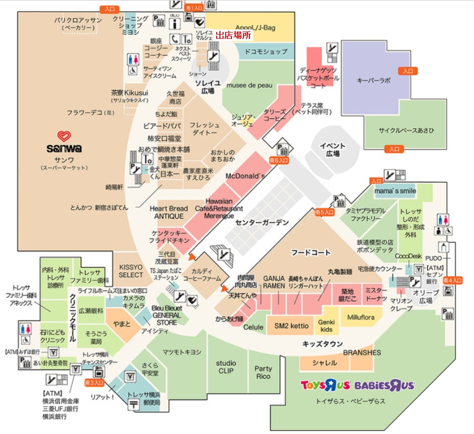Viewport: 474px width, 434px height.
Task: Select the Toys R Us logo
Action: (325, 385)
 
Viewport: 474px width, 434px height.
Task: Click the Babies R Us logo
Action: (384, 385)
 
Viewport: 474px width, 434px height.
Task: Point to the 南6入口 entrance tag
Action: (279, 160)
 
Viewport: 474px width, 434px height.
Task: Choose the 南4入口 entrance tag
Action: (452, 281)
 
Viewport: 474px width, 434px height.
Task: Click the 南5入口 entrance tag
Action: (324, 212)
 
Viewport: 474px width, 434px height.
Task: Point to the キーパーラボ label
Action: (374, 80)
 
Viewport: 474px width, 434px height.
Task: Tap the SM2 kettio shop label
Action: (291, 326)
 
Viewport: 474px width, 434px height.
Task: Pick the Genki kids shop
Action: (326, 326)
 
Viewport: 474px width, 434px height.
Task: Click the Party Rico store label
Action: (263, 373)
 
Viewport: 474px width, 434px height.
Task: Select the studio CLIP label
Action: (226, 367)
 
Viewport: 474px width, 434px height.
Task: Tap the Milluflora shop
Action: (361, 317)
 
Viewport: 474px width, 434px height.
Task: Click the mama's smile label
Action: (395, 191)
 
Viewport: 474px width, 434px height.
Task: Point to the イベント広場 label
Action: (332, 150)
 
